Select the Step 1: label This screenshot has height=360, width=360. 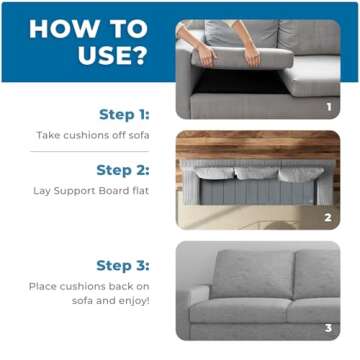point(123,114)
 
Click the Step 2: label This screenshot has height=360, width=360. point(122,170)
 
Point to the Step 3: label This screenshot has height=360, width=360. point(122,265)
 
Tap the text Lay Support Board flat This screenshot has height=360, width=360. point(98,190)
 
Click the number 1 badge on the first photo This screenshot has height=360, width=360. point(327,104)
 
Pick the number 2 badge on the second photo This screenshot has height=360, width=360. point(327,215)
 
